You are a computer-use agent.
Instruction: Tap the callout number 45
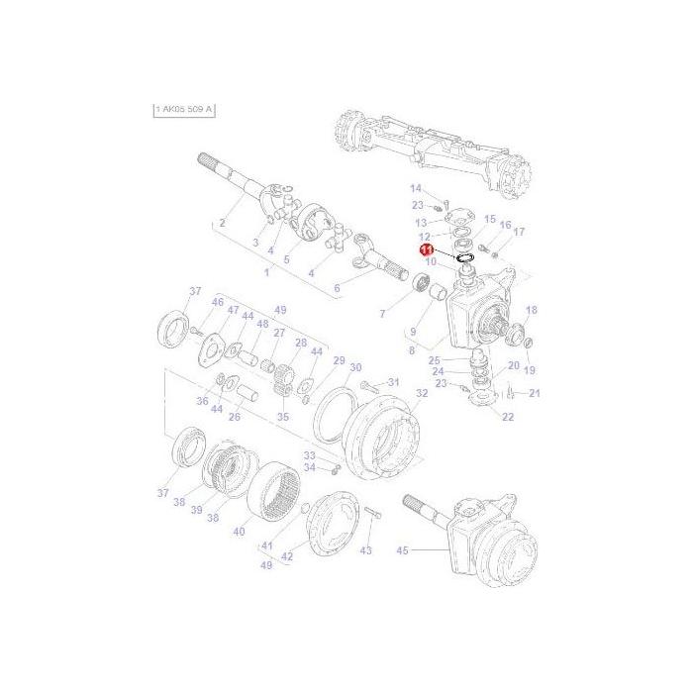point(402,550)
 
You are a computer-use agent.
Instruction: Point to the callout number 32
point(422,393)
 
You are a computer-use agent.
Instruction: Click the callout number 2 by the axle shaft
point(222,223)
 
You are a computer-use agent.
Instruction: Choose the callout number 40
point(239,532)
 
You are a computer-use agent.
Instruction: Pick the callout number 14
point(416,188)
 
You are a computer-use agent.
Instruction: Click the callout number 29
point(338,360)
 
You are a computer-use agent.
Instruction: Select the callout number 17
point(519,232)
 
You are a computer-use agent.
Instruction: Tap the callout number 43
point(365,549)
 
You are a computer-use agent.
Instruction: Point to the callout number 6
point(337,288)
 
